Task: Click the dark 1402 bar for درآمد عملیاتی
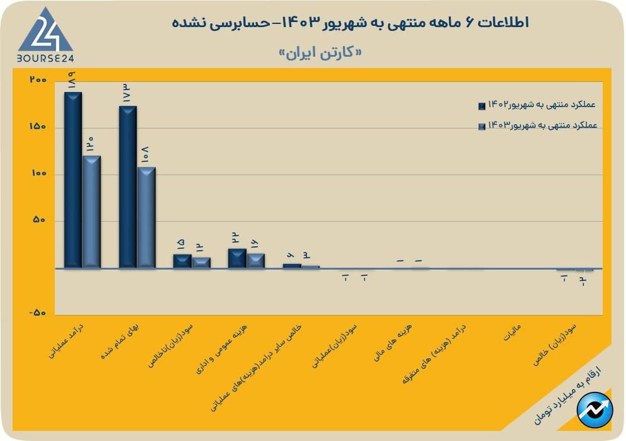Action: (x=73, y=180)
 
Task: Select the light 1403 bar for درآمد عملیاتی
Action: (x=91, y=212)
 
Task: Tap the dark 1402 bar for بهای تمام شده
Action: (x=128, y=187)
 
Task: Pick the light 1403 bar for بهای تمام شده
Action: (x=146, y=217)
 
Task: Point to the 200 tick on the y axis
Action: (x=38, y=81)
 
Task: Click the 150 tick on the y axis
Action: (x=38, y=127)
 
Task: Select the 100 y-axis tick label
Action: (x=38, y=174)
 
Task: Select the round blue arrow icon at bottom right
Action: (x=595, y=409)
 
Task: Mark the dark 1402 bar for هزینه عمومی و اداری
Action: (x=237, y=258)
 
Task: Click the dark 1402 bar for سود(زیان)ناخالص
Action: (x=182, y=261)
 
